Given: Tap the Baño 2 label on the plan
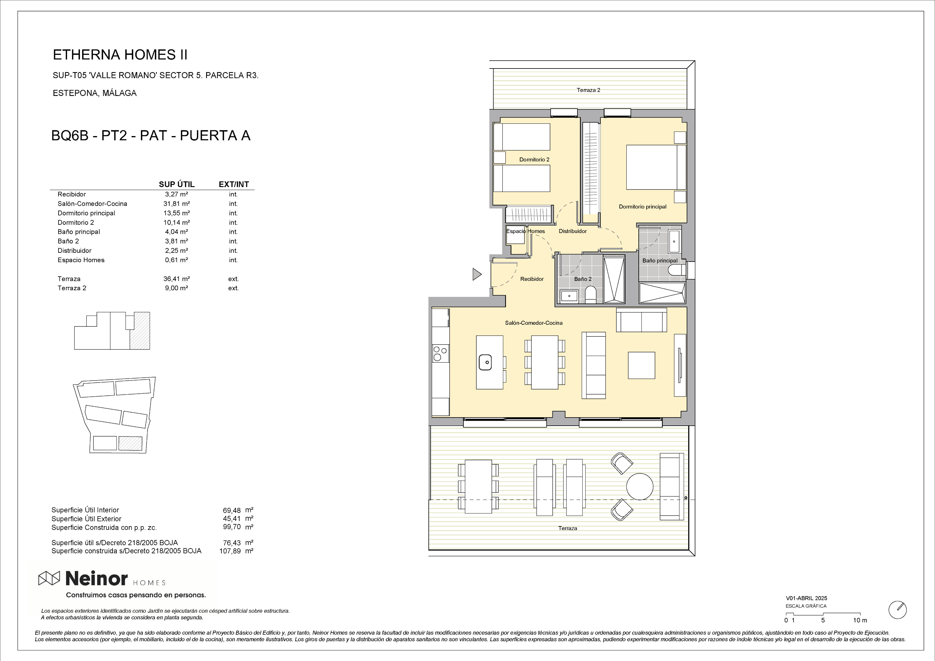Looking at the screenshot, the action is (x=583, y=279).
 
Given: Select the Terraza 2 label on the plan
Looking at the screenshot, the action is (x=588, y=90).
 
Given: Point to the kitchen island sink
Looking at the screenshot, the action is (x=485, y=362).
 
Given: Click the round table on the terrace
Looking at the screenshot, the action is (x=640, y=486).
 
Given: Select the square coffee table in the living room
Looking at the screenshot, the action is (x=641, y=365).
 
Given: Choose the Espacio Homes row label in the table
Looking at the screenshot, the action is (x=81, y=260).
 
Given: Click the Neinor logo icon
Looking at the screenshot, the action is (x=49, y=578).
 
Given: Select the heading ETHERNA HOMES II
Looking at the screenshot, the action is (x=120, y=55).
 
